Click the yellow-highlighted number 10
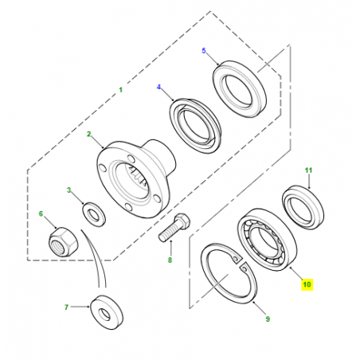[x=307, y=284]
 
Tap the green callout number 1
[x=121, y=90]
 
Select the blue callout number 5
[x=204, y=50]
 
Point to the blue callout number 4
[x=158, y=87]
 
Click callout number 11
[x=308, y=170]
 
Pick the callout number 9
[x=268, y=319]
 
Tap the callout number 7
[x=66, y=307]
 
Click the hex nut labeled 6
[x=63, y=241]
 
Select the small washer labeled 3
[x=94, y=214]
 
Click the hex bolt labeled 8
[x=174, y=227]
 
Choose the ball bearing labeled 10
[x=267, y=240]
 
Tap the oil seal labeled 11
[x=303, y=207]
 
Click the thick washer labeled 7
[x=107, y=312]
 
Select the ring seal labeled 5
[x=240, y=89]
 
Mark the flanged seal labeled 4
[x=195, y=126]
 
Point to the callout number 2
[x=89, y=134]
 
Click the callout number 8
[x=170, y=260]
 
